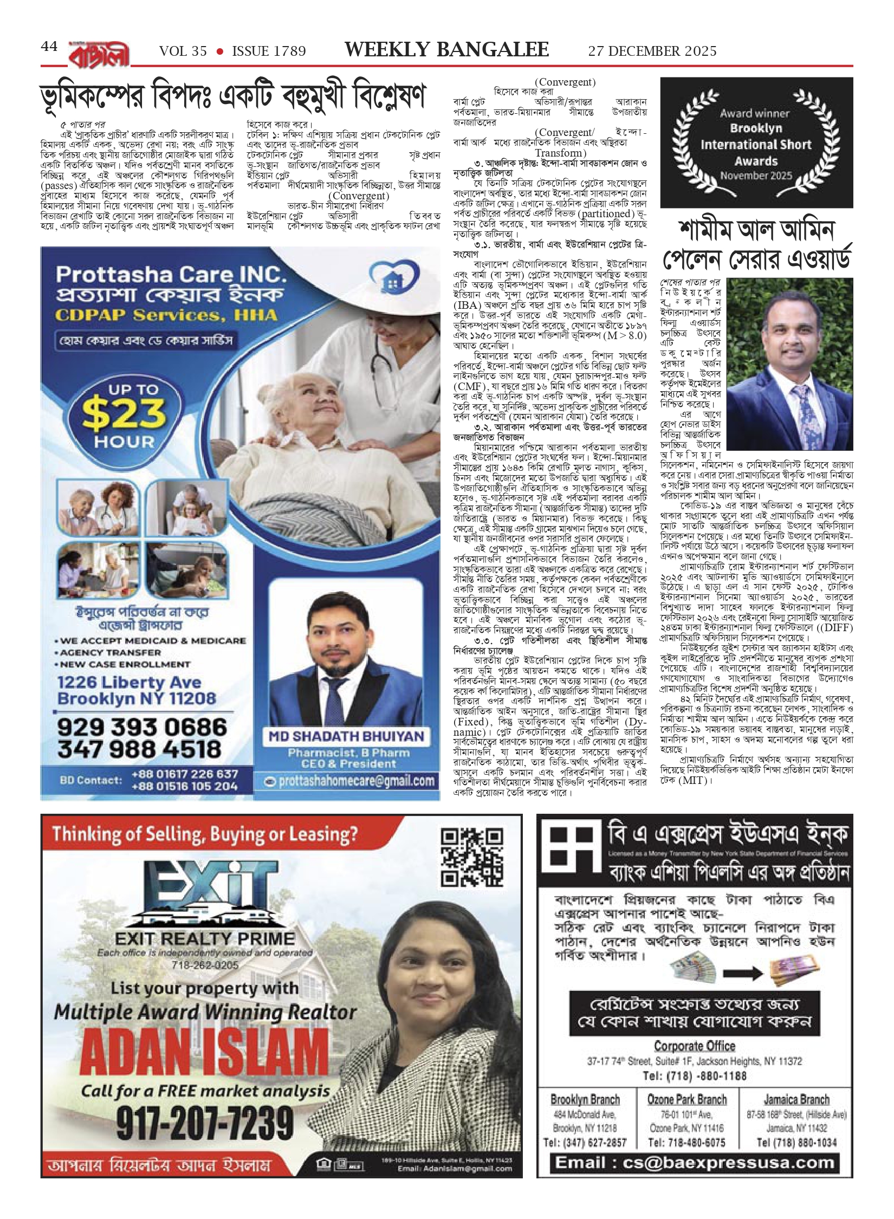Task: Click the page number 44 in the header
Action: pyautogui.click(x=49, y=47)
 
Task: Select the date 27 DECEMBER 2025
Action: pyautogui.click(x=652, y=51)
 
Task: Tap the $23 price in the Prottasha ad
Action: pyautogui.click(x=124, y=414)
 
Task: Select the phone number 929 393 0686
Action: pyautogui.click(x=142, y=727)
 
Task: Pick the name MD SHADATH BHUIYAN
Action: pyautogui.click(x=346, y=736)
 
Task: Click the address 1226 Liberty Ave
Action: pyautogui.click(x=129, y=682)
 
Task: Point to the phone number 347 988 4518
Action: pyautogui.click(x=140, y=749)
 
